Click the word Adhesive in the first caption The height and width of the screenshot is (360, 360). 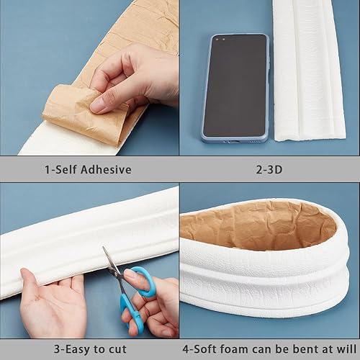pyautogui.click(x=106, y=170)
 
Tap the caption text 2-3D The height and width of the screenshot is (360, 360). pyautogui.click(x=269, y=170)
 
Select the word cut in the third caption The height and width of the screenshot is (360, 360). pyautogui.click(x=117, y=349)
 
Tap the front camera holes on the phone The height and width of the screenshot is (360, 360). pyautogui.click(x=220, y=40)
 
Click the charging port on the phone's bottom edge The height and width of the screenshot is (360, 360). pyautogui.click(x=235, y=142)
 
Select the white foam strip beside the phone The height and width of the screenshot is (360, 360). pyautogui.click(x=310, y=70)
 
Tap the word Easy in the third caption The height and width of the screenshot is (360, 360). pyautogui.click(x=78, y=349)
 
